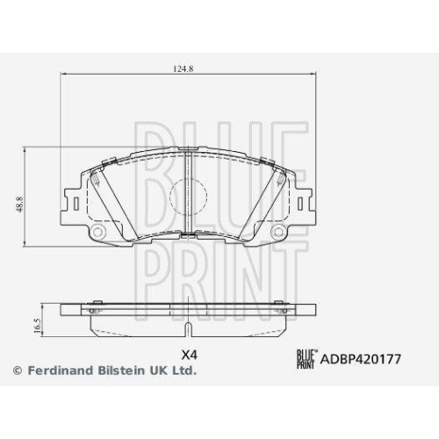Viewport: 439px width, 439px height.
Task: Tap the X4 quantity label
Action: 188,356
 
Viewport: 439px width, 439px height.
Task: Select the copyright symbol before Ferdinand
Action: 17,371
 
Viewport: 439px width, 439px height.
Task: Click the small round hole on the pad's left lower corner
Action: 100,233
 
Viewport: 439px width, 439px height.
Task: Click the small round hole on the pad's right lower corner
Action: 281,233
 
